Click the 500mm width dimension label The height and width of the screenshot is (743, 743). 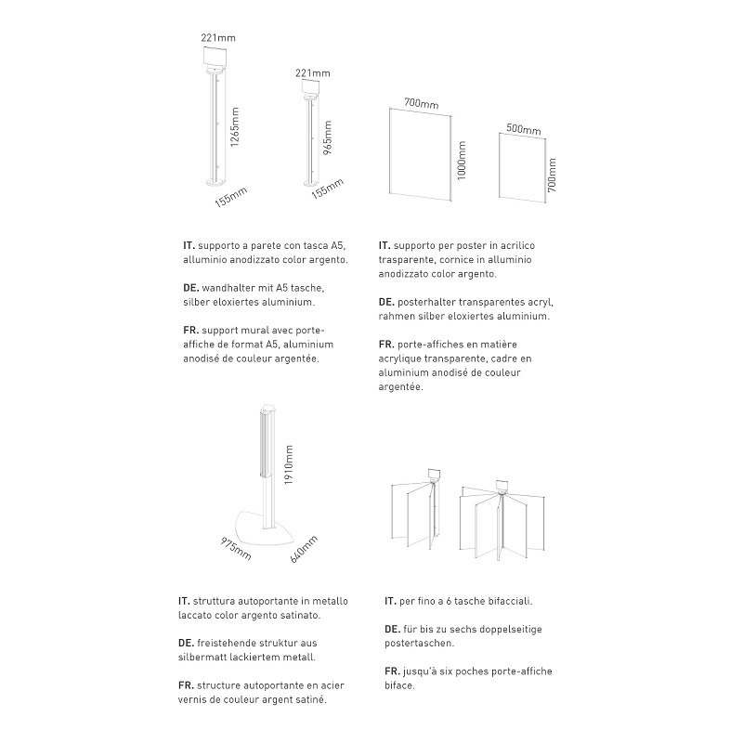523,129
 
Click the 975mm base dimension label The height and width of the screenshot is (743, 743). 236,548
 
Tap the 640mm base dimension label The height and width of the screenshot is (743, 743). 305,550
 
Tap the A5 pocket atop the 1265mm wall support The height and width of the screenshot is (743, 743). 215,57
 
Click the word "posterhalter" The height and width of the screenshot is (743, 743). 427,303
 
